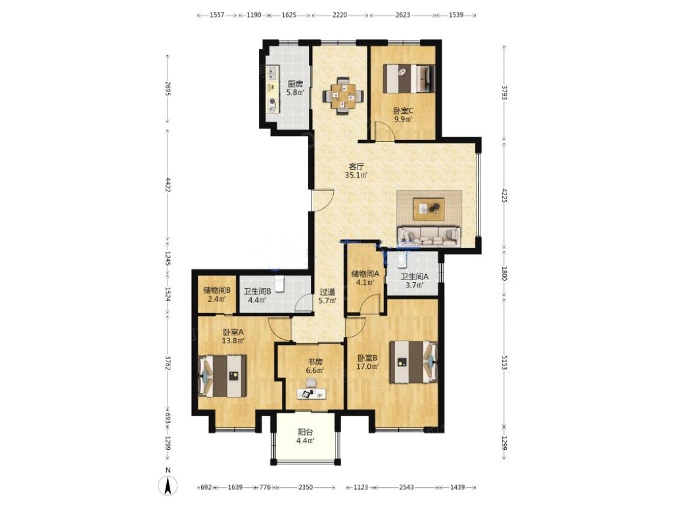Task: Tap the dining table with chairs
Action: [x=342, y=96]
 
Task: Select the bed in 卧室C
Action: [x=408, y=78]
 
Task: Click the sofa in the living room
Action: [x=429, y=237]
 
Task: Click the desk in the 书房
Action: [x=311, y=393]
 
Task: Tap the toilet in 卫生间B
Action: [x=280, y=283]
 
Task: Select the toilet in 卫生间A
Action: [x=402, y=260]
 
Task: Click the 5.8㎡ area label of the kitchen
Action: [x=295, y=92]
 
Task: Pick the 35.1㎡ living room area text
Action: [x=357, y=175]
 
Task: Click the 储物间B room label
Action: [x=217, y=290]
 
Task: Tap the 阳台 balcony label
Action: [x=306, y=432]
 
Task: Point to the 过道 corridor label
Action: [x=327, y=292]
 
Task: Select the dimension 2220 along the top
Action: [x=340, y=14]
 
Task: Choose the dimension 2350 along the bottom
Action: [x=306, y=487]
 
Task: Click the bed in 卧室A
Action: [x=222, y=375]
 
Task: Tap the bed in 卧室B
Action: [x=413, y=362]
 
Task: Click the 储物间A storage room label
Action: [x=365, y=274]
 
